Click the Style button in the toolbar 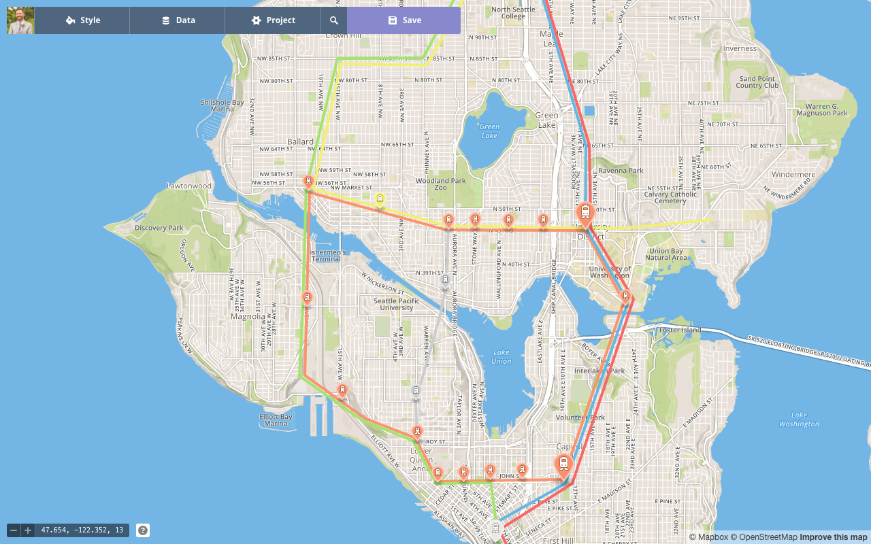coord(82,20)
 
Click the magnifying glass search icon coord(333,20)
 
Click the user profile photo coord(20,20)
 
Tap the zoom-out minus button coord(14,530)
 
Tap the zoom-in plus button coord(27,530)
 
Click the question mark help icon coord(143,530)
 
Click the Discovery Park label coord(159,228)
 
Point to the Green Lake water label coord(489,131)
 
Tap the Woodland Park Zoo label coord(441,184)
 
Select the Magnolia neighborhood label coord(248,316)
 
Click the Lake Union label coord(502,356)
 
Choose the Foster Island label coord(680,330)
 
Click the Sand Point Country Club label coord(757,82)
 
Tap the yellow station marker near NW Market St coord(380,199)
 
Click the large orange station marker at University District coord(585,213)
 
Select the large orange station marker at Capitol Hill coord(563,464)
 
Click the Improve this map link coord(834,537)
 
